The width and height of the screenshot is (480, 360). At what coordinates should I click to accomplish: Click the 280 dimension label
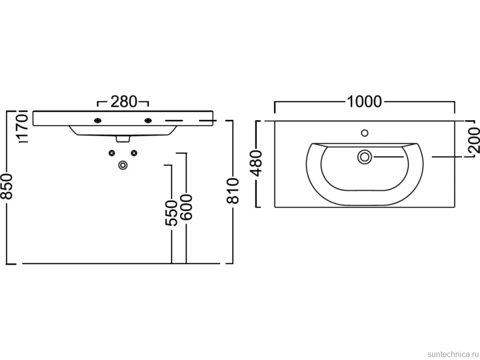124,101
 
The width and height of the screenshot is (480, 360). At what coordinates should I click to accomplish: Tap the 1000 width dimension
364,101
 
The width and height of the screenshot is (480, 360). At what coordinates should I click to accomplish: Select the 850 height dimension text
7,186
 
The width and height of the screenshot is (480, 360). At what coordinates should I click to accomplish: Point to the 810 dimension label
233,191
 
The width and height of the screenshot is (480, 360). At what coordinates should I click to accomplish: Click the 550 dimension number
171,213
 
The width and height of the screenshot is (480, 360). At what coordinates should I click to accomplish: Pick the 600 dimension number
186,207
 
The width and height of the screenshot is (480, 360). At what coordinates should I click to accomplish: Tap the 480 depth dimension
256,163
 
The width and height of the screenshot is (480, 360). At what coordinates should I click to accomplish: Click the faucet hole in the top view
365,133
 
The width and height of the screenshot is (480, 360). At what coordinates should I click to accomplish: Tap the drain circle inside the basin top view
365,157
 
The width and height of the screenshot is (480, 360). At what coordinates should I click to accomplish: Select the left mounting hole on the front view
97,121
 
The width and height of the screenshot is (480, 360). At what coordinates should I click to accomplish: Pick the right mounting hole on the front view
148,121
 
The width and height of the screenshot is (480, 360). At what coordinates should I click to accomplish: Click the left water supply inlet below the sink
112,153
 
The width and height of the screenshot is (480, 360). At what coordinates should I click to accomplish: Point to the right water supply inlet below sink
134,153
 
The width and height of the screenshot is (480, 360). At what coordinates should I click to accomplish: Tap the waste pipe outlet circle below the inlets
123,165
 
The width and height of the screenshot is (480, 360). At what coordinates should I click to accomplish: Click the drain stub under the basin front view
123,139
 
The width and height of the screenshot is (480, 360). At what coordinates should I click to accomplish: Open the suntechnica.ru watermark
453,354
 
